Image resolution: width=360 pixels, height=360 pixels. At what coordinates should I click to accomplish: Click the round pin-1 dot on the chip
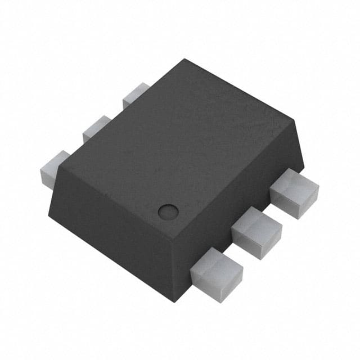tap(168, 211)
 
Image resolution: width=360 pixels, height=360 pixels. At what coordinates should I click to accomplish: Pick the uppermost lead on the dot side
tap(294, 193)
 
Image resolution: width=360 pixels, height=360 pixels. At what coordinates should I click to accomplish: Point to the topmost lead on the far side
tap(135, 92)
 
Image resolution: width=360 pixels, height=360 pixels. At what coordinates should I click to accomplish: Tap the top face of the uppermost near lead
tap(292, 186)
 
